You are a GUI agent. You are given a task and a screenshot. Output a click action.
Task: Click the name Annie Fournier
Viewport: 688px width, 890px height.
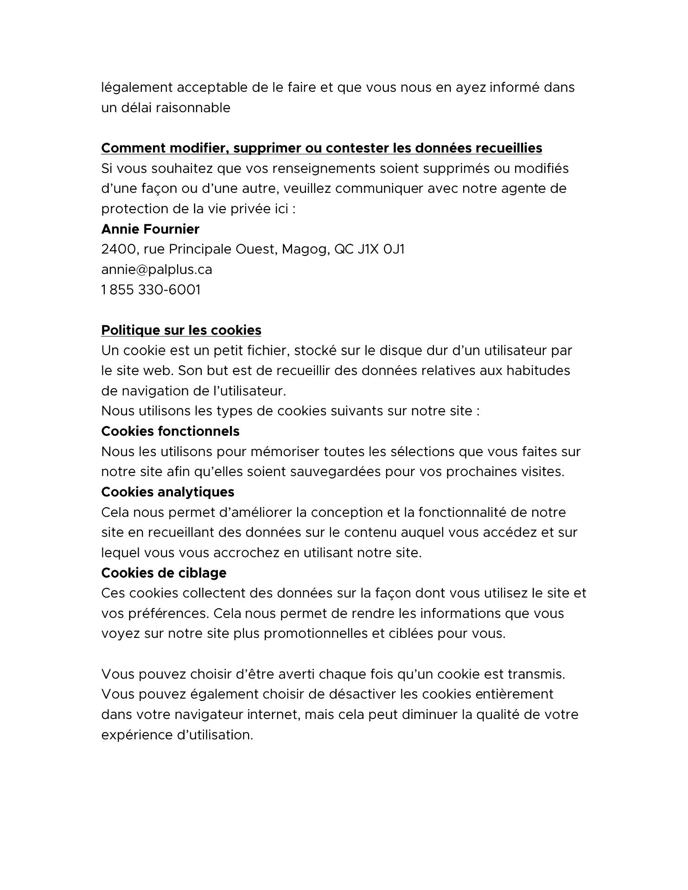click(150, 229)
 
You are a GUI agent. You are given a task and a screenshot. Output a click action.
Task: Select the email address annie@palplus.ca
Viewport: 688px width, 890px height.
click(157, 269)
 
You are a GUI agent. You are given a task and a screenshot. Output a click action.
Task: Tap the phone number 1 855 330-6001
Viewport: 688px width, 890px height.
click(151, 290)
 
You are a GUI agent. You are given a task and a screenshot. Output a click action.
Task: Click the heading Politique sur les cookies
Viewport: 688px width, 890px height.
click(181, 330)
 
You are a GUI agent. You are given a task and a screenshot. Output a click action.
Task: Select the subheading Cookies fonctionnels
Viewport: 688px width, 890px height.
click(170, 431)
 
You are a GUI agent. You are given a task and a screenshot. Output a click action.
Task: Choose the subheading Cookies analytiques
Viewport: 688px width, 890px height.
click(168, 492)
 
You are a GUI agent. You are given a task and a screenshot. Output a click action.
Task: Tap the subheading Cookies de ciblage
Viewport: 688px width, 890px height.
click(164, 573)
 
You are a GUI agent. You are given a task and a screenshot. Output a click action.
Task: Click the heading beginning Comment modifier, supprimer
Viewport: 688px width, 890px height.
click(322, 148)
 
